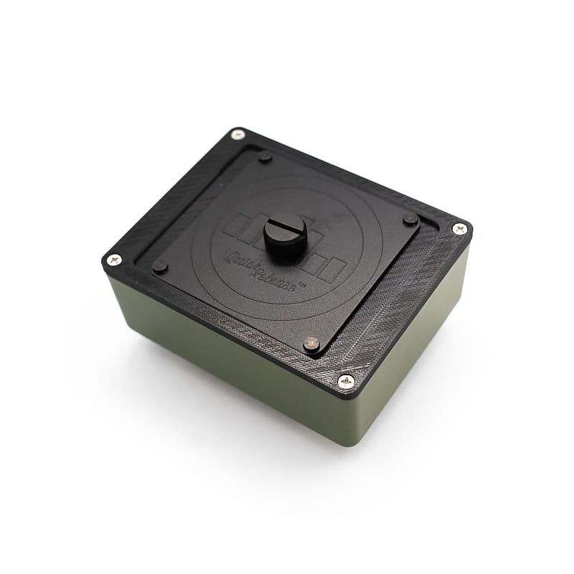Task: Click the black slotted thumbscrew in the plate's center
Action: (285, 235)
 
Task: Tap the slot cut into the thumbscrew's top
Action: (285, 229)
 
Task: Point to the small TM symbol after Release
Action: (301, 284)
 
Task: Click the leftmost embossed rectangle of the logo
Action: (233, 228)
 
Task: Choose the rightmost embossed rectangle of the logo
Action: (331, 270)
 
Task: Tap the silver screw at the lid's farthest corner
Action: (238, 134)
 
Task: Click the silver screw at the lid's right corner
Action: (459, 228)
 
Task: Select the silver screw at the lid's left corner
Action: (114, 259)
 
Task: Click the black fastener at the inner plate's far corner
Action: (265, 157)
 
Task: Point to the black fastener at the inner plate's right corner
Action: (410, 219)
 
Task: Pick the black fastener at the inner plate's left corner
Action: (159, 267)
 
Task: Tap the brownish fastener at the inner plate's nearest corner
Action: (311, 343)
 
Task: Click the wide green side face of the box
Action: (230, 359)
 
